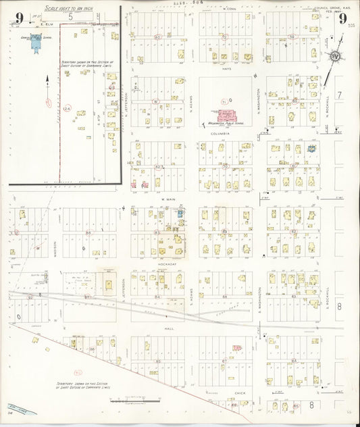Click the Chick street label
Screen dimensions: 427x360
coord(239,392)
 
